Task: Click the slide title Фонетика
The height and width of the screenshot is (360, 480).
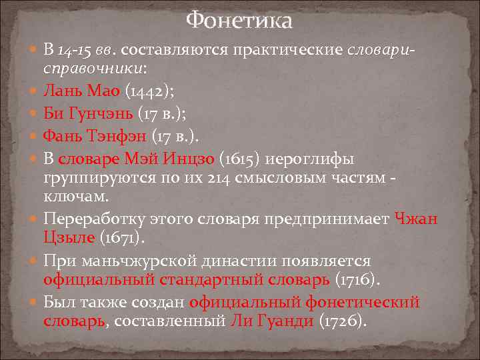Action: point(239,21)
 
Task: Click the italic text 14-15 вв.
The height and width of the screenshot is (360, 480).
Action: point(87,51)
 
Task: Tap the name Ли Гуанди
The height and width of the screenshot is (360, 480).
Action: point(271,321)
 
